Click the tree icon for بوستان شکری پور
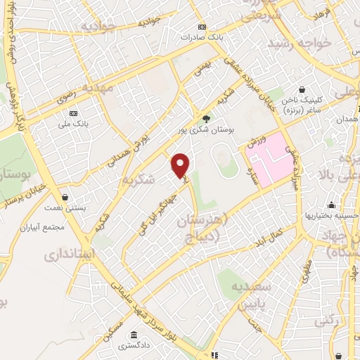[206, 119]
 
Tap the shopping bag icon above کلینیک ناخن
[302, 90]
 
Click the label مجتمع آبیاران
[63, 228]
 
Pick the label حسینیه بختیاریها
[327, 216]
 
